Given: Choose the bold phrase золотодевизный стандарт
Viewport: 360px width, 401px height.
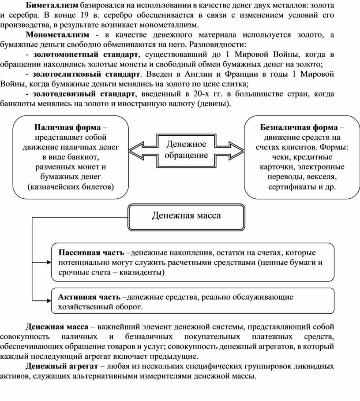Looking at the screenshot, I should (x=84, y=94).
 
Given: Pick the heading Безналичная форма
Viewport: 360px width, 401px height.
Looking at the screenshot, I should (x=298, y=127).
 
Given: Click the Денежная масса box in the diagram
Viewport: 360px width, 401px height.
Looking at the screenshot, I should (x=186, y=215).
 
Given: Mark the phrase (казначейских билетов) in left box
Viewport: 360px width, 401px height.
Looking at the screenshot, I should (x=70, y=187).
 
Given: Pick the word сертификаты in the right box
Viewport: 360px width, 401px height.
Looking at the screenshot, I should (x=289, y=187).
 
